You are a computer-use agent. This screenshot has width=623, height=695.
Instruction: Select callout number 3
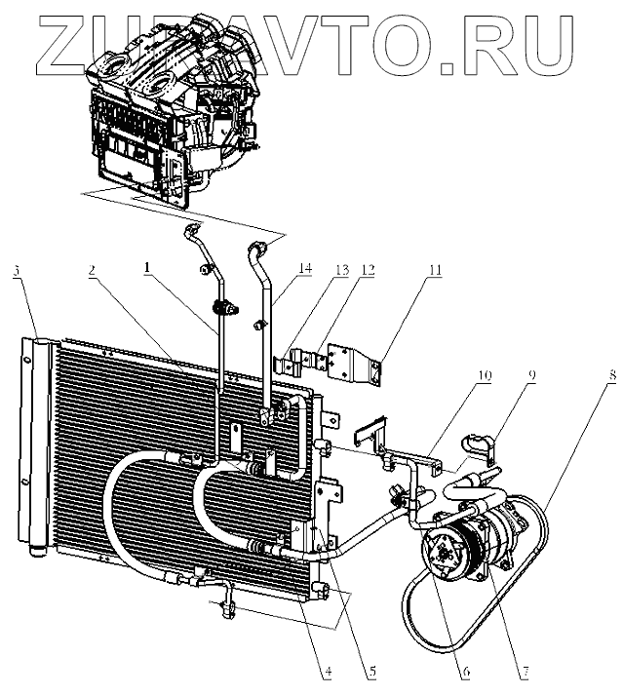tap(17, 270)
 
